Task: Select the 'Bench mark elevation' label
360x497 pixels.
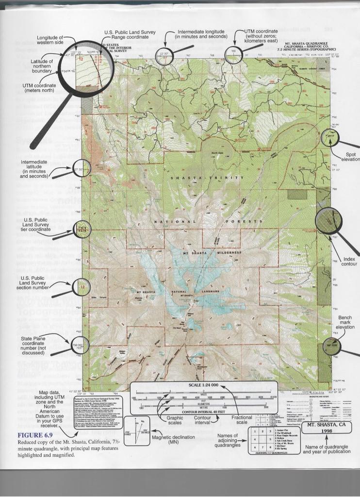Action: [x=346, y=323]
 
